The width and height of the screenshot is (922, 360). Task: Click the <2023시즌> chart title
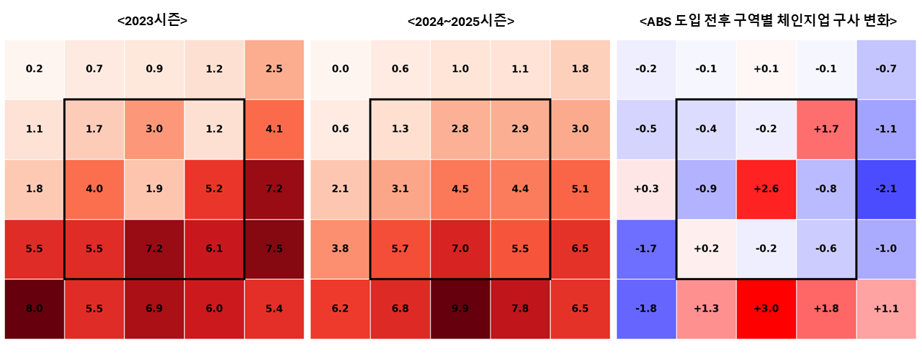click(153, 21)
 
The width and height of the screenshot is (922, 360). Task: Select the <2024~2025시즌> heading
click(460, 21)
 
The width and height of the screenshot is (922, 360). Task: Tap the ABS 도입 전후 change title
click(768, 21)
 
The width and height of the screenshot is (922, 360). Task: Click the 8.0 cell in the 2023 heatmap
click(34, 309)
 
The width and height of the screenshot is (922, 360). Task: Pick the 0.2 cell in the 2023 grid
click(34, 69)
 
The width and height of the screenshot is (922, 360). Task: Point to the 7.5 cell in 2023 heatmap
click(274, 249)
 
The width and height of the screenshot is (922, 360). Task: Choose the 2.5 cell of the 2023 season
click(274, 69)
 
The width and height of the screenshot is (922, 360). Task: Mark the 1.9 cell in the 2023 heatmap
click(153, 189)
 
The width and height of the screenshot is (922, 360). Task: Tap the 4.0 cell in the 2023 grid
click(94, 189)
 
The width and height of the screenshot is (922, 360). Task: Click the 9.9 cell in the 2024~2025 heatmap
click(460, 309)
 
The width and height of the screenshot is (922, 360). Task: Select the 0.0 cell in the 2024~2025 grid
click(340, 69)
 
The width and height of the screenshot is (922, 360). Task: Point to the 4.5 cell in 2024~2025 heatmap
click(460, 189)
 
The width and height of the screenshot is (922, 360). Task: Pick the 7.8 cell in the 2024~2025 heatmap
click(520, 309)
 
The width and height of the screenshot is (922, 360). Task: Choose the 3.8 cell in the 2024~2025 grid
click(340, 249)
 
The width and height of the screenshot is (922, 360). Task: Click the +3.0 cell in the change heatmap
click(766, 309)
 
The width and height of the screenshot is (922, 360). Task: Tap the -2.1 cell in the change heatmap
click(886, 189)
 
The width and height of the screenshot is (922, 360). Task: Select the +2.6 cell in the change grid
click(766, 189)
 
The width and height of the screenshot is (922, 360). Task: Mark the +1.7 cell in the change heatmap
click(826, 129)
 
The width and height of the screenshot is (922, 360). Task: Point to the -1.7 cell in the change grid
click(646, 249)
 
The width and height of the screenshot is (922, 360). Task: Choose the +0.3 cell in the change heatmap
click(646, 189)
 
